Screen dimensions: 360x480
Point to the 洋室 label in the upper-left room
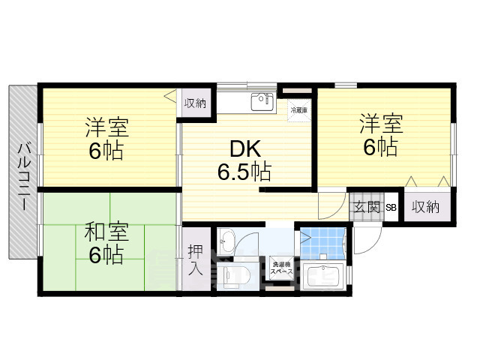click(x=106, y=126)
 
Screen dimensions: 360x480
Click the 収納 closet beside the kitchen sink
click(x=196, y=103)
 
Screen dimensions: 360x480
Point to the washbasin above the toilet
click(x=227, y=241)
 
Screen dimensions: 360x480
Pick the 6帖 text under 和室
click(x=106, y=255)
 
